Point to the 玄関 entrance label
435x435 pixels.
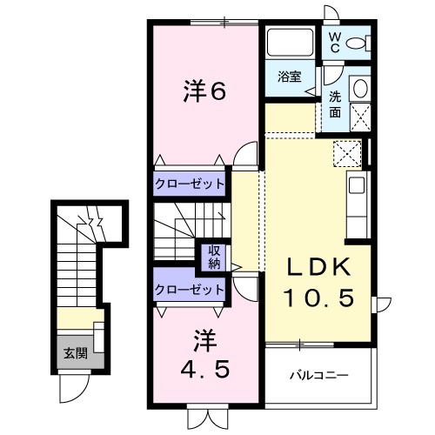pos(75,353)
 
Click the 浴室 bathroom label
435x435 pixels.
pos(289,77)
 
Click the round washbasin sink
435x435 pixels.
pos(359,89)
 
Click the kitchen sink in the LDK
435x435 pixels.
pos(358,185)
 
